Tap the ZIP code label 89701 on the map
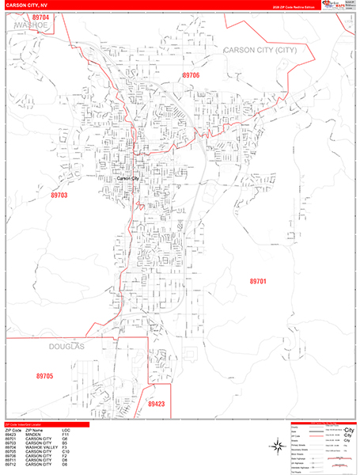pos(258,281)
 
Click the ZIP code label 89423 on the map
pos(157,404)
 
